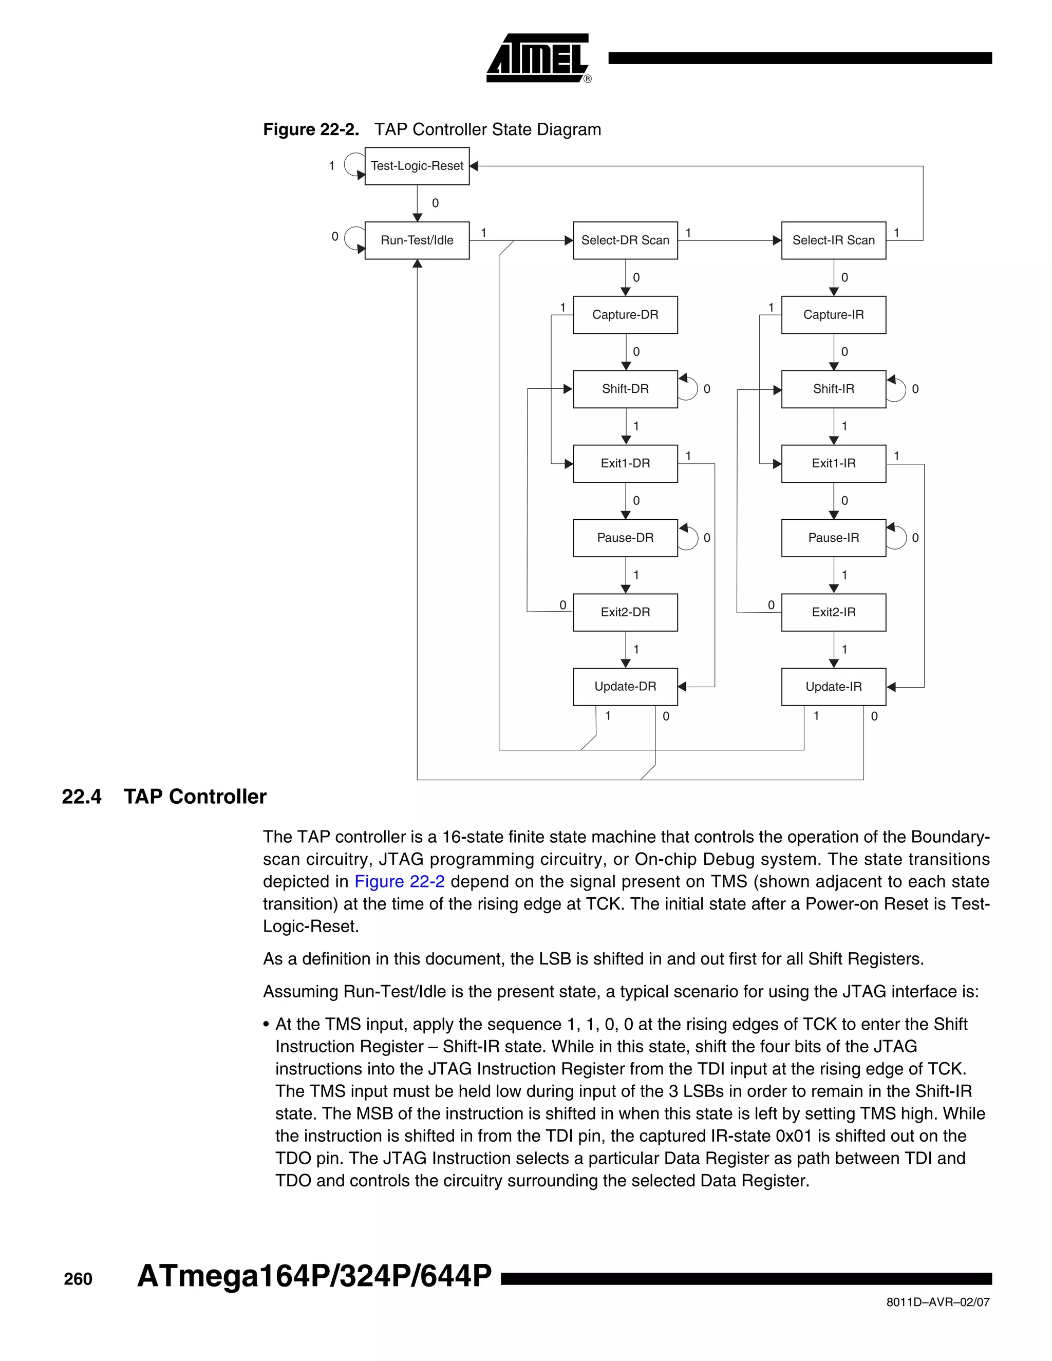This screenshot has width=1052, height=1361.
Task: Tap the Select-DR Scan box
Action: pyautogui.click(x=625, y=240)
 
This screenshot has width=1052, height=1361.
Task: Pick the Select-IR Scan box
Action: pyautogui.click(x=833, y=240)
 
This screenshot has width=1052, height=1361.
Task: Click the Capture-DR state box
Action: pyautogui.click(x=625, y=315)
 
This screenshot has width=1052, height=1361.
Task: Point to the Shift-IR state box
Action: pyautogui.click(x=833, y=389)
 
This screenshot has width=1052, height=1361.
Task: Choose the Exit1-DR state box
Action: pyautogui.click(x=625, y=463)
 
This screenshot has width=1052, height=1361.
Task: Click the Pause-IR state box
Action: pyautogui.click(x=833, y=537)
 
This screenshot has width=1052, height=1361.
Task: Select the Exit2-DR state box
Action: pyautogui.click(x=625, y=612)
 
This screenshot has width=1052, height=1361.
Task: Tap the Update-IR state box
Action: pyautogui.click(x=833, y=686)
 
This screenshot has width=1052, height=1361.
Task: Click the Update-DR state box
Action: pyautogui.click(x=625, y=686)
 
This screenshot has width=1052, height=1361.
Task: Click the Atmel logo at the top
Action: pyautogui.click(x=538, y=59)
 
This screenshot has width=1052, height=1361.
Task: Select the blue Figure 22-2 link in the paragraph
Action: pyautogui.click(x=400, y=881)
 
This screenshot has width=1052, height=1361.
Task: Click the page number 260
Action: pyautogui.click(x=78, y=1279)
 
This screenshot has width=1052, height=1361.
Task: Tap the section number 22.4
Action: pyautogui.click(x=82, y=797)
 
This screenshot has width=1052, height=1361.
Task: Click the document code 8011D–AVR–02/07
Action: pyautogui.click(x=937, y=1302)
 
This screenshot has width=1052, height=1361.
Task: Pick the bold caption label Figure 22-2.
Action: pyautogui.click(x=311, y=129)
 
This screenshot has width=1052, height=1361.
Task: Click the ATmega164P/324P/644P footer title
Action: pyautogui.click(x=314, y=1276)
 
